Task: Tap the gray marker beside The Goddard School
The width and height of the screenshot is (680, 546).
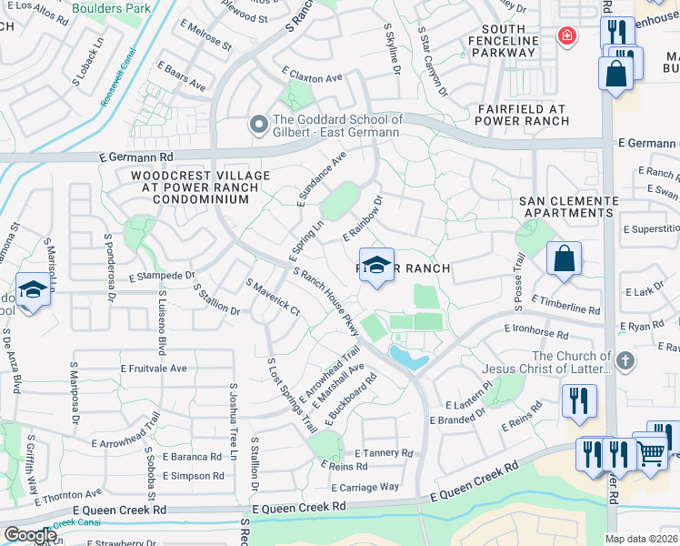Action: click(259, 126)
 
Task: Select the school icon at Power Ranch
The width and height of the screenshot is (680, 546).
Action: click(376, 265)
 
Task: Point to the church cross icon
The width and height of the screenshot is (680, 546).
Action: click(624, 361)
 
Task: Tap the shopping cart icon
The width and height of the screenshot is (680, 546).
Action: click(650, 451)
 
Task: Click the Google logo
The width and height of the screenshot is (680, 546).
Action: click(30, 535)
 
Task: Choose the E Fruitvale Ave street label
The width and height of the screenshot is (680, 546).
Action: click(154, 369)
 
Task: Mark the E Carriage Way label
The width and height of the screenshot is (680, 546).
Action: click(369, 487)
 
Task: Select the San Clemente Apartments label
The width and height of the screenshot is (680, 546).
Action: click(566, 206)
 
